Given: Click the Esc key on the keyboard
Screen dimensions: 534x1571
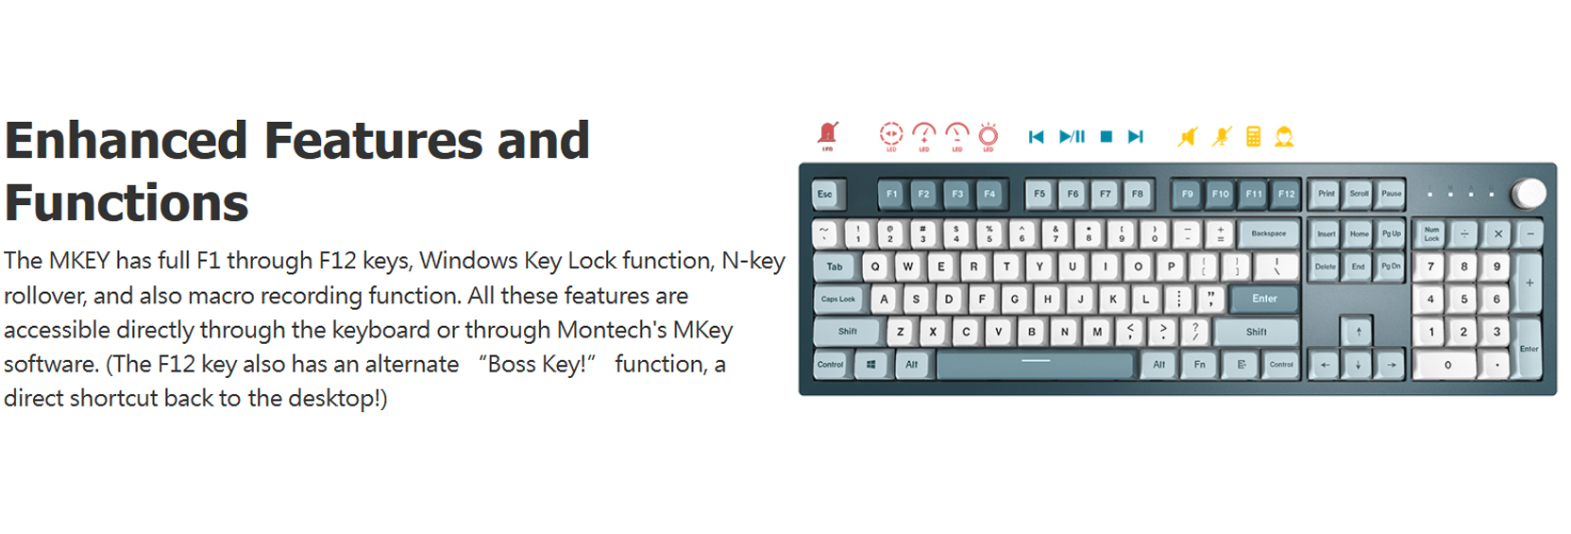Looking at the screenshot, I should (825, 195).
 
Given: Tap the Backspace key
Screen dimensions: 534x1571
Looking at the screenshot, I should (1268, 233).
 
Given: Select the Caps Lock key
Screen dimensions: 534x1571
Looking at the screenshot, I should (837, 300).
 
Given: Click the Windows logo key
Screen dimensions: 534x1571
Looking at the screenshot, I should (870, 365).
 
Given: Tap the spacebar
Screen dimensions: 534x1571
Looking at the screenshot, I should (1035, 365).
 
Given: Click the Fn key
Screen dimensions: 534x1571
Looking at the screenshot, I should (1199, 365).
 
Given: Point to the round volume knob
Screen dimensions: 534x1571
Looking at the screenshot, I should (1529, 194).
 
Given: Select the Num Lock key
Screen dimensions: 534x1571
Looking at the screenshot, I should (1431, 233).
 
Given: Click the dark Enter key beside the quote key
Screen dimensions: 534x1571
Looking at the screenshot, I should (1264, 300).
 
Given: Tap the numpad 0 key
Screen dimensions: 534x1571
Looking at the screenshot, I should (1447, 365).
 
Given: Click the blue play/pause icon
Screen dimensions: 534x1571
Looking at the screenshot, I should (1072, 137).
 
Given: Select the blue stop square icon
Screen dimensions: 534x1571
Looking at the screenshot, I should (1106, 137).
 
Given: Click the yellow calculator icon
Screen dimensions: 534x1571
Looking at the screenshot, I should (1253, 137).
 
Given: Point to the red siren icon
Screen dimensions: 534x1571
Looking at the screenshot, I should (828, 134).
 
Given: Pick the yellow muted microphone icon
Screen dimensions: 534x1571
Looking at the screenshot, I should (1222, 137).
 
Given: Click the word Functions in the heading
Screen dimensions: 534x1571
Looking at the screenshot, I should (127, 203).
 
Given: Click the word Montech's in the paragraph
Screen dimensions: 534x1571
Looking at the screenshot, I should (611, 330).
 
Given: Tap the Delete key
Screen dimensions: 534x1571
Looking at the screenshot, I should (1326, 267).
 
